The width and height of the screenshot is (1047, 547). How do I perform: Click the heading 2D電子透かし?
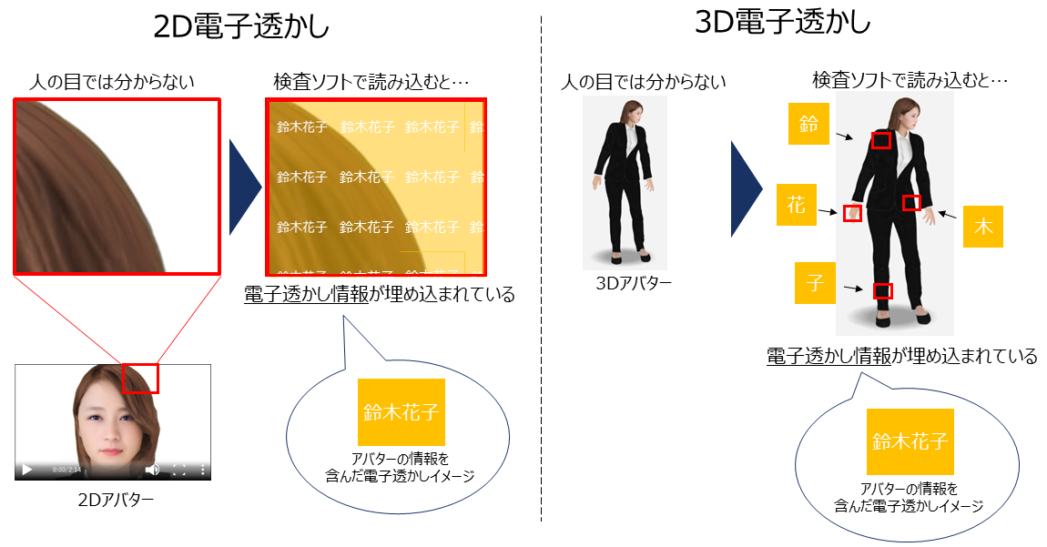tap(241, 27)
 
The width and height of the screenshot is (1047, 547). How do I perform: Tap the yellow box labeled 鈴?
tap(808, 126)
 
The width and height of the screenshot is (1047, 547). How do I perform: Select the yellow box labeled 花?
tap(797, 206)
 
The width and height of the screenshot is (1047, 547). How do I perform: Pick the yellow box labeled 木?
tap(983, 227)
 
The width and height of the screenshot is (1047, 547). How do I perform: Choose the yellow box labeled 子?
tap(815, 283)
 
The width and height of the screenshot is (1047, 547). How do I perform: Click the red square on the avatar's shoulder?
tap(880, 140)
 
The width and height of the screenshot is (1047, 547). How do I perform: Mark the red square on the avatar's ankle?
tap(882, 291)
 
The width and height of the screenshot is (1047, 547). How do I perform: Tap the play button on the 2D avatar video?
tap(27, 470)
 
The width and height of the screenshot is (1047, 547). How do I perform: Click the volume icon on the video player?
tap(152, 470)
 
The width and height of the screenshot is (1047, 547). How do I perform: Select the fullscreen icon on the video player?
tap(179, 470)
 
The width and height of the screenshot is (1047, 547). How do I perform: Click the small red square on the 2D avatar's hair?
tap(140, 379)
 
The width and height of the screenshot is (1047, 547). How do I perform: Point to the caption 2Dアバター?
tap(115, 500)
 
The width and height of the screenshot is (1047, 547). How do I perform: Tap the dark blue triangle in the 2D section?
tap(244, 187)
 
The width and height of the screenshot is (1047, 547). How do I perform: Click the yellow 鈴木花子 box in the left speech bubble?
tap(402, 411)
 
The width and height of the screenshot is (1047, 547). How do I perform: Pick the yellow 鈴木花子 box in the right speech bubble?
tap(910, 442)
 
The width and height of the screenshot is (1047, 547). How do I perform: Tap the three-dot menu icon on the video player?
tap(203, 470)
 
